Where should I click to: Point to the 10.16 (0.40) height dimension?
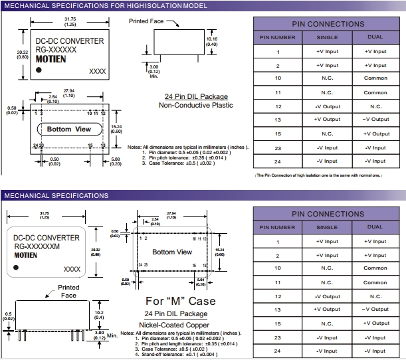coord(212,42)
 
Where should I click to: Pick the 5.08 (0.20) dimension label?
coord(116,161)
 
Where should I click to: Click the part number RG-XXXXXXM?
coord(37,246)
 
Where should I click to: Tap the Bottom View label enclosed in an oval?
coord(69,129)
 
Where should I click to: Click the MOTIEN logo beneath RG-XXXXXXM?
coord(26,254)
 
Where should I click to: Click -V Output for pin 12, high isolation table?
coord(327,106)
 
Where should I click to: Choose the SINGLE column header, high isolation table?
coord(327,38)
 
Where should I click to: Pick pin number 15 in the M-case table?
coord(278,323)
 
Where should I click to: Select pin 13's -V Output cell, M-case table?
coord(375,310)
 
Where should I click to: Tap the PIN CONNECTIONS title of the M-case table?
coord(328,214)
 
